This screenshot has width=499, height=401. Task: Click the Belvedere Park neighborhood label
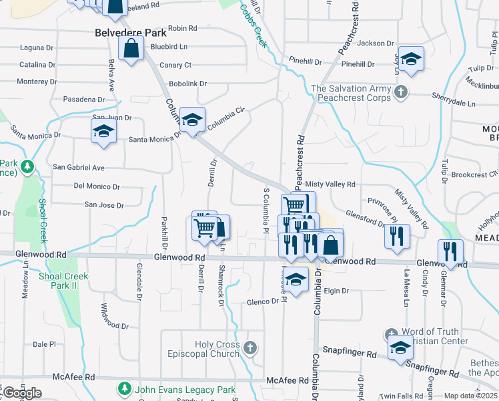pyautogui.click(x=120, y=32)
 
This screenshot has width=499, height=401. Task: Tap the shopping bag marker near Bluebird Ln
pyautogui.click(x=131, y=49)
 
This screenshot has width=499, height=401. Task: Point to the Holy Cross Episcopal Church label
pyautogui.click(x=217, y=349)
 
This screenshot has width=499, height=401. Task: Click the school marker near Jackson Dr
pyautogui.click(x=412, y=59)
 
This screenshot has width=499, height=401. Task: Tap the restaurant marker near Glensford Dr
pyautogui.click(x=397, y=237)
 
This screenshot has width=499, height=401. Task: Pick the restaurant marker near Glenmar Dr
pyautogui.click(x=450, y=252)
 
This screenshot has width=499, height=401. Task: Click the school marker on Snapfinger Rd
pyautogui.click(x=400, y=348)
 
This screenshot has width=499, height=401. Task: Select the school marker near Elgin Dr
pyautogui.click(x=296, y=280)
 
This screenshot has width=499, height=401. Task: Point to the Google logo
pyautogui.click(x=22, y=393)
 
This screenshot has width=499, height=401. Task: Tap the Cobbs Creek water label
pyautogui.click(x=254, y=27)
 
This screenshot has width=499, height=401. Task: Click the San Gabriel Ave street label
pyautogui.click(x=79, y=167)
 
